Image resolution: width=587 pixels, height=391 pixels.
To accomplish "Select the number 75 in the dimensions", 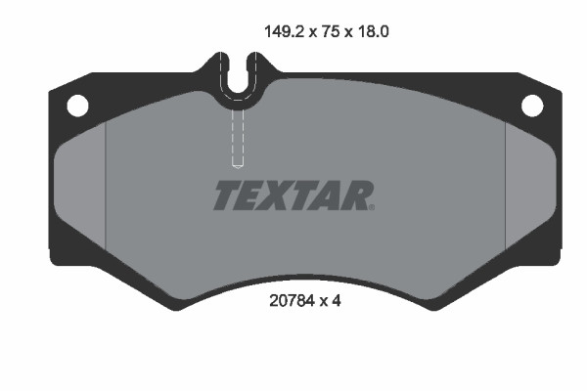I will pyautogui.click(x=334, y=31).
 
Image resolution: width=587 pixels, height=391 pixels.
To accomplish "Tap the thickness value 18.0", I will pyautogui.click(x=376, y=31).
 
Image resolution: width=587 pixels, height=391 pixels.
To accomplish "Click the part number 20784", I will pyautogui.click(x=289, y=302).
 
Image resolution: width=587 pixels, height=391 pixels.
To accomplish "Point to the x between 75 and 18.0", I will pyautogui.click(x=351, y=32).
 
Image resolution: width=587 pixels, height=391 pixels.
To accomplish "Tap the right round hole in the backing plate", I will pyautogui.click(x=531, y=105).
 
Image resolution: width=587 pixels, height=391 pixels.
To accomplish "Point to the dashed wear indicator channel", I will pyautogui.click(x=237, y=137).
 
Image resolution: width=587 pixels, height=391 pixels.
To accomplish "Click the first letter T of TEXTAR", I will pyautogui.click(x=224, y=195).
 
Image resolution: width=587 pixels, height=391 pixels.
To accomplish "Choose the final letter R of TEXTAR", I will pyautogui.click(x=356, y=195).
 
